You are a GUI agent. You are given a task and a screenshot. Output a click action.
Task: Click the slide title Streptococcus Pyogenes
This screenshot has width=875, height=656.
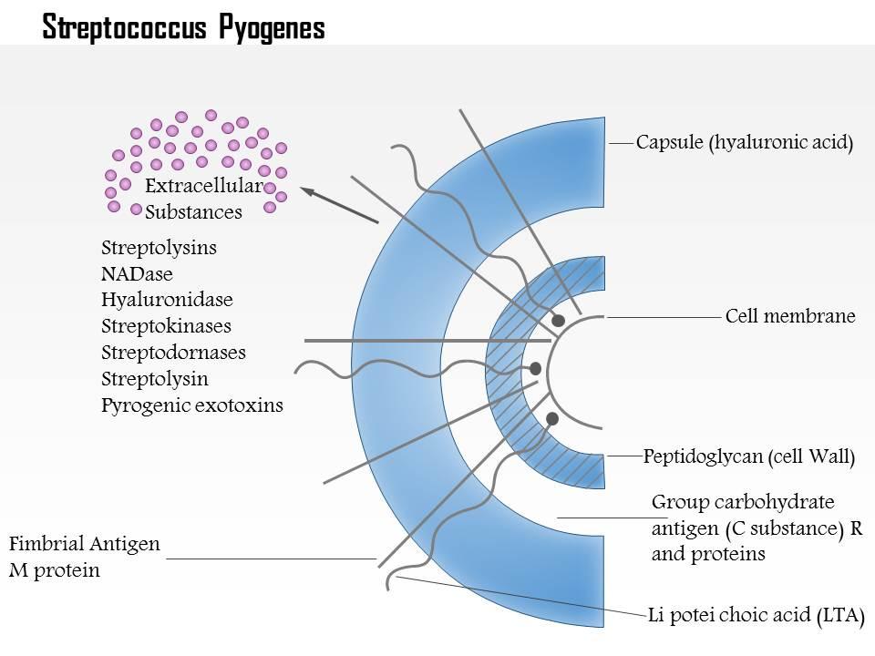click(183, 27)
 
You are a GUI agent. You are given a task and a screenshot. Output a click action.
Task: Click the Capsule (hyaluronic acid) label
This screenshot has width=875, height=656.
click(744, 143)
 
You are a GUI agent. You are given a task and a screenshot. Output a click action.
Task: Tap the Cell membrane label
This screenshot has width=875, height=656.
click(789, 317)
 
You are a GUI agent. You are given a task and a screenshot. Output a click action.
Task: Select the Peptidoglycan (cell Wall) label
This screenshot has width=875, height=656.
click(748, 456)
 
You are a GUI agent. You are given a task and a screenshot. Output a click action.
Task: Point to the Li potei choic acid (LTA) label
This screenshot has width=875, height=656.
click(755, 614)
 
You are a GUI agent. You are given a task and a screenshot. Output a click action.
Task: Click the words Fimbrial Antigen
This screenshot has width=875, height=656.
click(85, 545)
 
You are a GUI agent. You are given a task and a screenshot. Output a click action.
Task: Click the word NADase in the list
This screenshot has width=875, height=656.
click(137, 273)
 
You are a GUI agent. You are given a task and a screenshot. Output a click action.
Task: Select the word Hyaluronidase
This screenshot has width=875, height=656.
click(167, 300)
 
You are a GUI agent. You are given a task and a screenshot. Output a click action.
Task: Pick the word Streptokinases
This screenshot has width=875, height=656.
click(166, 326)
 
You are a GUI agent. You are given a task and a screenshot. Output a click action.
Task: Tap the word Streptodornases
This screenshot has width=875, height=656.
click(173, 353)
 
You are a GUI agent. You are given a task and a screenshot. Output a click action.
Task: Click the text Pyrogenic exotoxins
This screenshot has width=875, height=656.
click(192, 405)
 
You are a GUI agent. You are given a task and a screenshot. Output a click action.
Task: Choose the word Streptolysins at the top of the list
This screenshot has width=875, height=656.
click(160, 248)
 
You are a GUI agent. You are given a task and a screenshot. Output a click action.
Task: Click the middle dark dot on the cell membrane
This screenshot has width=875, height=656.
click(536, 369)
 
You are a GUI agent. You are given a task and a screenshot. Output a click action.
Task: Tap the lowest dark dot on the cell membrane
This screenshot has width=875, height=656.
click(552, 418)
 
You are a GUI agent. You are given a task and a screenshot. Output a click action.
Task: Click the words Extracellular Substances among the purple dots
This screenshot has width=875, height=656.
click(202, 200)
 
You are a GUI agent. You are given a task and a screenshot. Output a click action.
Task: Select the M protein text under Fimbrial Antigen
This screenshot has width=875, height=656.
click(55, 571)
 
